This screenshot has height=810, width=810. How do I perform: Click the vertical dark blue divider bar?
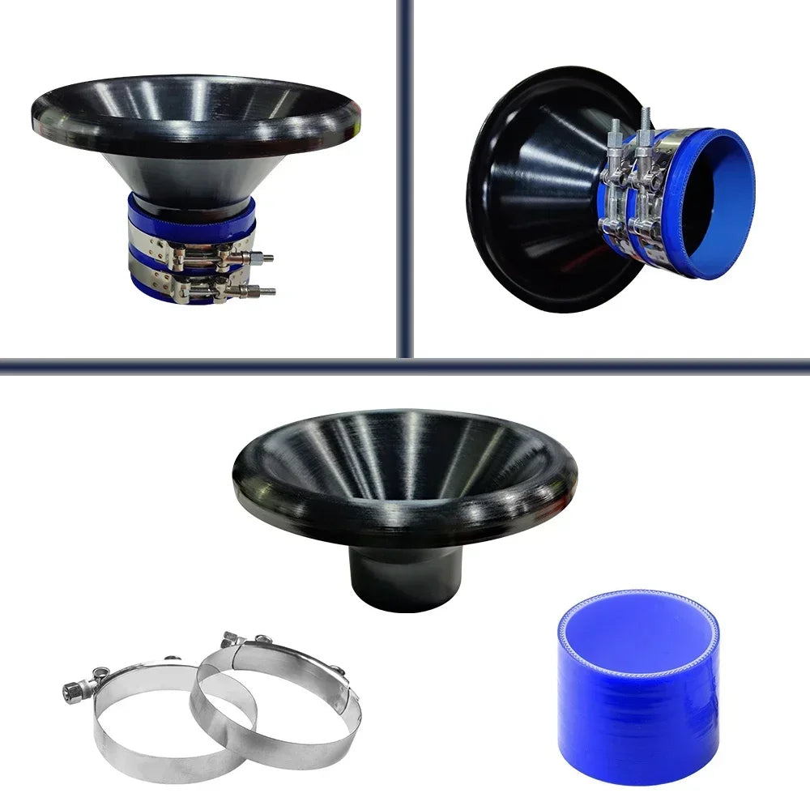(x=405, y=162)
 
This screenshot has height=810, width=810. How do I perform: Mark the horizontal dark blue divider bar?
(x=202, y=365)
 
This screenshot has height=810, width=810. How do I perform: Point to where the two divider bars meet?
(x=405, y=365)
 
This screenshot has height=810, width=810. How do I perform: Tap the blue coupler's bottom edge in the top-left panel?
(x=162, y=300)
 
